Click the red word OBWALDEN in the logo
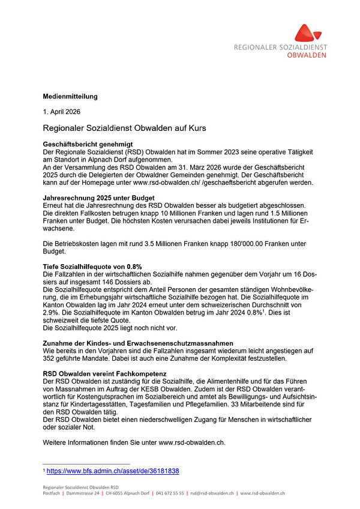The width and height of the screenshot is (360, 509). tap(307, 55)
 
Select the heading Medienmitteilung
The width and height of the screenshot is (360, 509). tap(70, 96)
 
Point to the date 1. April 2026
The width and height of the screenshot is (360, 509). tap(62, 112)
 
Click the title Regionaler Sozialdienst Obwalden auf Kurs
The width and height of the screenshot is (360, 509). tap(125, 128)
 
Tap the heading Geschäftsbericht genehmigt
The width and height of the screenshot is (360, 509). tap(88, 145)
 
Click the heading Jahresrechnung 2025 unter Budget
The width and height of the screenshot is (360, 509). tap(99, 197)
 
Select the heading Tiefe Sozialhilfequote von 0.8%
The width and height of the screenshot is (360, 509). tap(92, 266)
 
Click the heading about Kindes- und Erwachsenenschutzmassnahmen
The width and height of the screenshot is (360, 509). tap(138, 343)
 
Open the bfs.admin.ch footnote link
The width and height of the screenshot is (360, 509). tap(113, 471)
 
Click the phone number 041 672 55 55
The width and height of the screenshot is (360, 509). tap(169, 493)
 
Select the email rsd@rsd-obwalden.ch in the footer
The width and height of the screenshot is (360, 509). tap(212, 493)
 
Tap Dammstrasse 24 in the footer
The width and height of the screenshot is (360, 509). tap(83, 493)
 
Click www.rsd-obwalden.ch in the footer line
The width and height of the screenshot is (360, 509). tap(262, 493)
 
